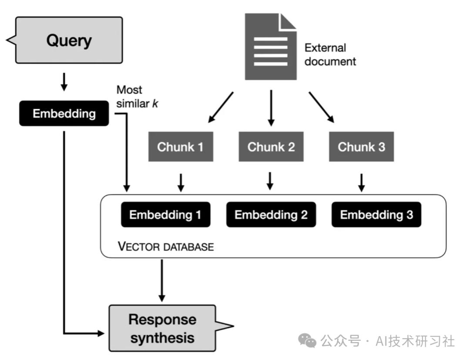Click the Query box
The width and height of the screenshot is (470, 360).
69,40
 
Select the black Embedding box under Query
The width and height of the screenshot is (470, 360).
64,114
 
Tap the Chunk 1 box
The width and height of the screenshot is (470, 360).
180,147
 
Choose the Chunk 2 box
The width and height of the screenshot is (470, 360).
271,147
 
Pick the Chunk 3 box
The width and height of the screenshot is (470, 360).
361,147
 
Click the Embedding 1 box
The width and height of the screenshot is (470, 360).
165,215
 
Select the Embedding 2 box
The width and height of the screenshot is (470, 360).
271,215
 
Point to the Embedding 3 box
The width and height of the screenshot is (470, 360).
376,215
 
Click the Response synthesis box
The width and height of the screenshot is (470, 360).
162,328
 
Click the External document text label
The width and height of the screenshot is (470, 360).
330,54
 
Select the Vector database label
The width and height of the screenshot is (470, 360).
166,247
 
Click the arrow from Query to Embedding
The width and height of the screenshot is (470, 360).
64,82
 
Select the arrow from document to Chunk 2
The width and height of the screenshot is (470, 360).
271,108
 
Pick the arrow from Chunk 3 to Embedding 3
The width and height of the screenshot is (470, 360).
361,182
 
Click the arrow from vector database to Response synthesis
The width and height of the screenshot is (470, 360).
162,280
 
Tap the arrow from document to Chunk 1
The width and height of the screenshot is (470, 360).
221,107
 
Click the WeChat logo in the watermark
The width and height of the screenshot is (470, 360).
310,340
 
